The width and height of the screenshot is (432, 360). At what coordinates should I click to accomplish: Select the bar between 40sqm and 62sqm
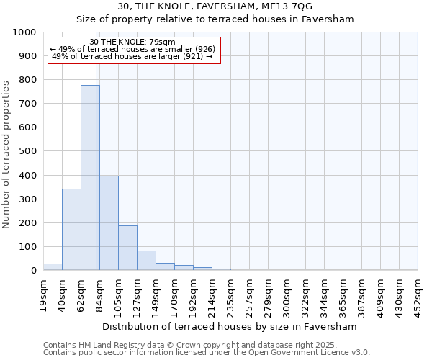pyautogui.click(x=71, y=230)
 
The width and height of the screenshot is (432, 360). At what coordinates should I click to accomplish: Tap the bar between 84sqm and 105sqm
pyautogui.click(x=109, y=223)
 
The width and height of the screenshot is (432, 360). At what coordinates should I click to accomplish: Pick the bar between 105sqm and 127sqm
pyautogui.click(x=127, y=248)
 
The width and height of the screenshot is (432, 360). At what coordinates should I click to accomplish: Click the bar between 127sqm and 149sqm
pyautogui.click(x=146, y=261)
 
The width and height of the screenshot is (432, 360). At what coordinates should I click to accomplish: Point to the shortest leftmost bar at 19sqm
pyautogui.click(x=53, y=267)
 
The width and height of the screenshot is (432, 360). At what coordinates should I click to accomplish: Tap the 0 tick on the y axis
pyautogui.click(x=33, y=271)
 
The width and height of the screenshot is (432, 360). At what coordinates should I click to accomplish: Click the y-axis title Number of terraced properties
pyautogui.click(x=7, y=154)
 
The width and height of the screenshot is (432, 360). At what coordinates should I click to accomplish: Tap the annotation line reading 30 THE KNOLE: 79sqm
pyautogui.click(x=132, y=42)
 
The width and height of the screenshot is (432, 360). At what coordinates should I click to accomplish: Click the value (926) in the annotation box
pyautogui.click(x=200, y=49)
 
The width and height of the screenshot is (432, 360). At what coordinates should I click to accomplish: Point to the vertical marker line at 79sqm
pyautogui.click(x=96, y=180)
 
